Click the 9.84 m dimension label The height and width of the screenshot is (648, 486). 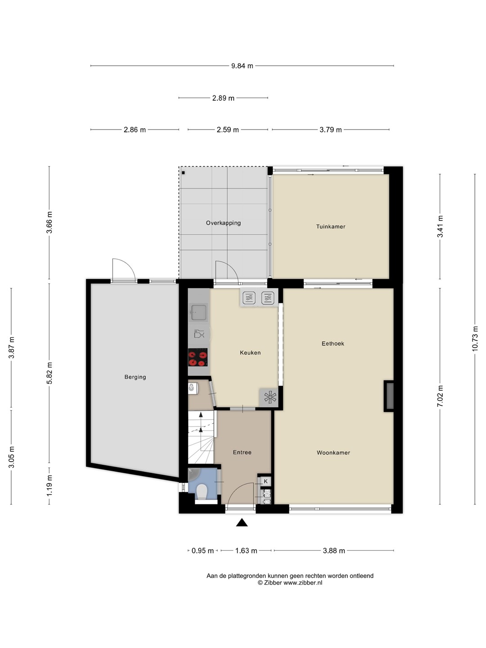click(242, 66)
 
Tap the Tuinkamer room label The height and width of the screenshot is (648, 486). click(330, 226)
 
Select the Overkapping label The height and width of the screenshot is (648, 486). click(223, 223)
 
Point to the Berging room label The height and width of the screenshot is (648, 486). click(135, 377)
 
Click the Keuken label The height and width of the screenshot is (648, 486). click(250, 352)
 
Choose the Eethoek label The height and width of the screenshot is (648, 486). click(333, 343)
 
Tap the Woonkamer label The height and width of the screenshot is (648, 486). click(333, 453)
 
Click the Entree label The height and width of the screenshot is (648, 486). click(242, 452)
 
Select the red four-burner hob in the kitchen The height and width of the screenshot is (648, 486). click(198, 357)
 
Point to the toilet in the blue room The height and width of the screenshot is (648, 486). click(202, 492)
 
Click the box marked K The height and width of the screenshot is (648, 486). click(265, 481)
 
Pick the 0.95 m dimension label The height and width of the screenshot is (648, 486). click(202, 551)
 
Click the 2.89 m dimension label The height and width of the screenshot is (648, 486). click(223, 98)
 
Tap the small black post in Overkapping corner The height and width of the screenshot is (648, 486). click(183, 173)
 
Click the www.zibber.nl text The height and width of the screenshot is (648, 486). click(303, 583)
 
